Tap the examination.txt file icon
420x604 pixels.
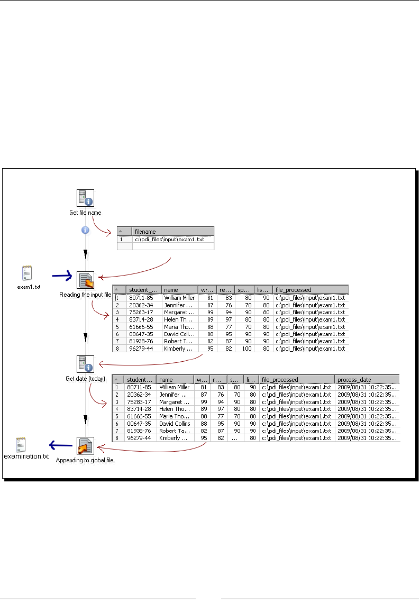pyautogui.click(x=21, y=444)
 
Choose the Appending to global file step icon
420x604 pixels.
pyautogui.click(x=85, y=446)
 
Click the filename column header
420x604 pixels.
pyautogui.click(x=145, y=231)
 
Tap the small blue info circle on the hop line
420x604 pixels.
pyautogui.click(x=85, y=230)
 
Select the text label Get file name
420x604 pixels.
pyautogui.click(x=85, y=213)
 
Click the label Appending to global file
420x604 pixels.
pyautogui.click(x=85, y=460)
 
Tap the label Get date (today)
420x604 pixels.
pyautogui.click(x=85, y=378)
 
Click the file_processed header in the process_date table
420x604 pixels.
pyautogui.click(x=280, y=379)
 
